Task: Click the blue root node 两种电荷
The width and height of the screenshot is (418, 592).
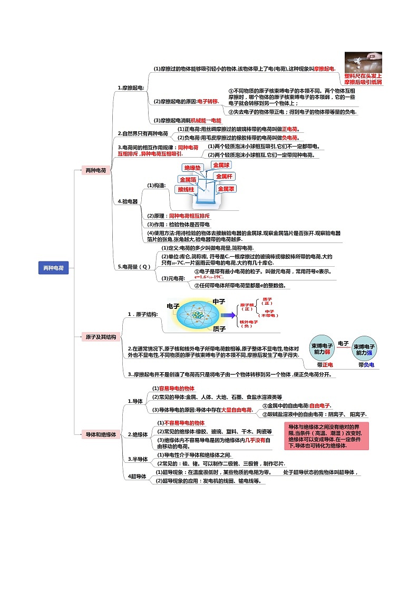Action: pos(53,268)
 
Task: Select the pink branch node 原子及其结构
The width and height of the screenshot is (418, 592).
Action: pos(101,337)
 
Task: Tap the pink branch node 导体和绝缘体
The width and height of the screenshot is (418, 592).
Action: pos(101,434)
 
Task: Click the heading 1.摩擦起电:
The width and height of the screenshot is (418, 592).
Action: pos(131,88)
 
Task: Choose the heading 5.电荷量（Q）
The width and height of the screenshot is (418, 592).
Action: pos(134,267)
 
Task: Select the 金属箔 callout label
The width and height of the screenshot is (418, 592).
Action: pos(188,179)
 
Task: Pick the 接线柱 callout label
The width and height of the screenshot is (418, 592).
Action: pos(186,189)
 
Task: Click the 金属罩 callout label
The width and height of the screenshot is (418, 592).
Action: pos(226,188)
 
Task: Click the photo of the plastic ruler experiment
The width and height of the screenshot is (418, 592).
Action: pos(363,62)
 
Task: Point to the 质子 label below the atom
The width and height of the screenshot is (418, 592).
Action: pos(219,329)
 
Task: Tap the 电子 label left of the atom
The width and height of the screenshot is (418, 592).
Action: pos(173,306)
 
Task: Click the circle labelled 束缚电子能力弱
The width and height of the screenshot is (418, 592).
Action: pos(321,348)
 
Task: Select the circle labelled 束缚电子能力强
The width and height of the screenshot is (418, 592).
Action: pos(365,348)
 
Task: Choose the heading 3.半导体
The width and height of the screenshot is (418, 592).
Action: pos(137,459)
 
